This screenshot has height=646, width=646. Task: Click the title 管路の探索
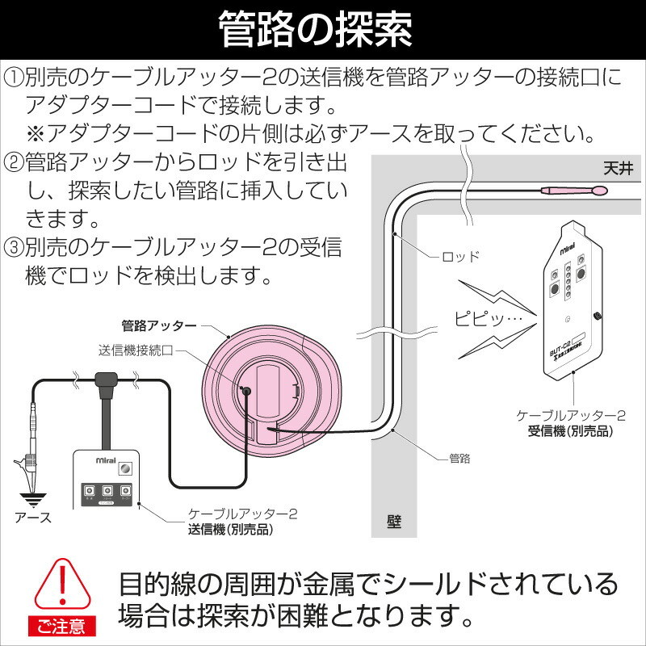(315, 29)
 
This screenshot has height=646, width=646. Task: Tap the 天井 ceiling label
(618, 169)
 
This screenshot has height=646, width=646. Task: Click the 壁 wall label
(394, 522)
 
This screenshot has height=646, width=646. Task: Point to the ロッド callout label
(460, 257)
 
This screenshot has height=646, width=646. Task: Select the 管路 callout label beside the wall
(459, 458)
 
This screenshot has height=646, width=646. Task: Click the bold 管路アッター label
(159, 326)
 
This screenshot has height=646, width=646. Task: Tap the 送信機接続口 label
(136, 350)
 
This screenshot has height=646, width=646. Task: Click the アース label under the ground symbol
(33, 517)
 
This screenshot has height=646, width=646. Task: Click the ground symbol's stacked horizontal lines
(33, 499)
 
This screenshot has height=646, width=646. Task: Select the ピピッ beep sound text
(489, 318)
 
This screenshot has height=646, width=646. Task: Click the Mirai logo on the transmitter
(106, 460)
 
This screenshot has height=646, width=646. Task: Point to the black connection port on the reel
(246, 392)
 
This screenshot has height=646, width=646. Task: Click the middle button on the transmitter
(107, 491)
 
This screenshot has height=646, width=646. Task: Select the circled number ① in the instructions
(14, 78)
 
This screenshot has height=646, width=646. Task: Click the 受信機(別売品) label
(570, 431)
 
